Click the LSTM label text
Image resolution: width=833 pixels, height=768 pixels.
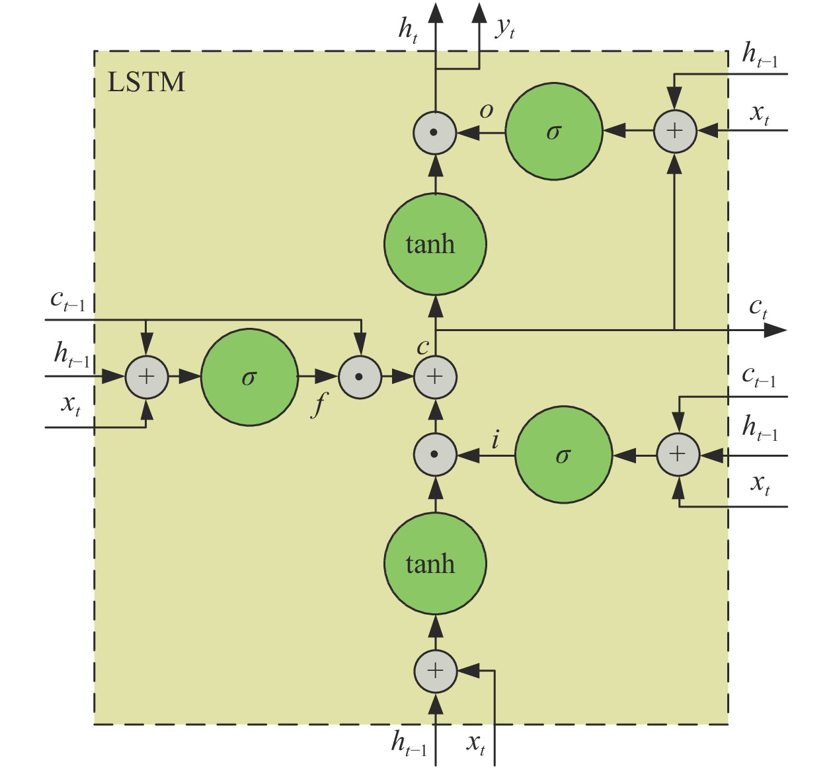[146, 82]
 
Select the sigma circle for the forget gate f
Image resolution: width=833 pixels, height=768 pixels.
[249, 377]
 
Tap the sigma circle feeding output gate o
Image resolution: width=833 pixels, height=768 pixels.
[554, 132]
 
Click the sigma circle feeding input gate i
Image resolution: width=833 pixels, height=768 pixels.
[563, 455]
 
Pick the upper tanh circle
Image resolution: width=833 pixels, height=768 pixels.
[435, 244]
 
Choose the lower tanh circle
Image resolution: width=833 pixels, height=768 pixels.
[435, 564]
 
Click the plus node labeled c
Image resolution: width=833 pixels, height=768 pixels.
[435, 377]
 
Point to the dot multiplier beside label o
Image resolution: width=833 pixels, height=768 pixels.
[434, 132]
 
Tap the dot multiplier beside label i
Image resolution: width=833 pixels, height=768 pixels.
[434, 455]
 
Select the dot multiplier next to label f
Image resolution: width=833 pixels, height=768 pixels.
[360, 377]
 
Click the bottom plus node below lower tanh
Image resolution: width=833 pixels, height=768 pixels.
[435, 671]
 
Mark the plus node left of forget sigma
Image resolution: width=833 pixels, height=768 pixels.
[146, 377]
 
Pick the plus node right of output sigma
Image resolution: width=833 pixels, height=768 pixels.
[674, 131]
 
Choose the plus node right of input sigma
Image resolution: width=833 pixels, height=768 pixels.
[678, 455]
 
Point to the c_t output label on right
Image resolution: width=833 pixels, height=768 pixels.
[758, 307]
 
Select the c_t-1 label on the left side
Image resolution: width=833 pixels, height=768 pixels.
[67, 301]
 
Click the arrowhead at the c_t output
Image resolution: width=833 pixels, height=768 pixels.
[776, 330]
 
